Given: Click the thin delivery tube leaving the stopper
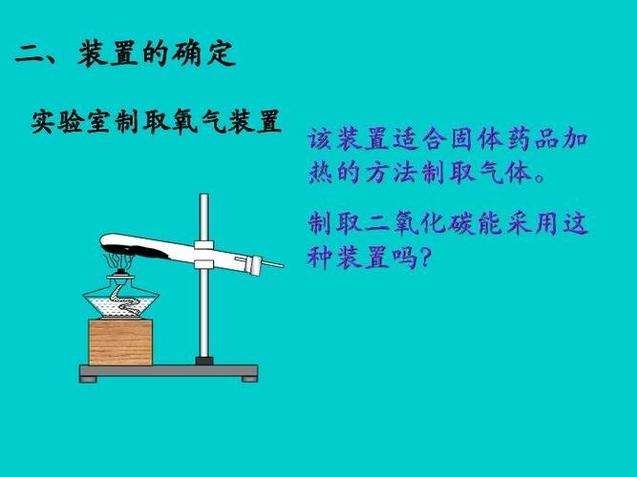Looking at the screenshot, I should [x=272, y=262].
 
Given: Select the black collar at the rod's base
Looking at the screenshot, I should [x=203, y=361].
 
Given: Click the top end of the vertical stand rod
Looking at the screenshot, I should [x=203, y=197].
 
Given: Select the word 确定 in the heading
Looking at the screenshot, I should [x=204, y=54].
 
